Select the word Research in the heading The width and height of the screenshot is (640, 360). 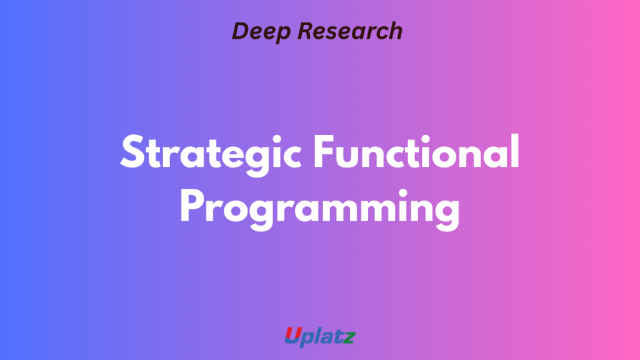[x=350, y=31]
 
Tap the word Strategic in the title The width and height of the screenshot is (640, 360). [x=211, y=155]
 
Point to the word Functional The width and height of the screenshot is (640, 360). [x=416, y=151]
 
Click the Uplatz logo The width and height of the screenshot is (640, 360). [x=320, y=337]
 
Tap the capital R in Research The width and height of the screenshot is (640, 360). [x=306, y=31]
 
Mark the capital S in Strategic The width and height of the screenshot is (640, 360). [x=132, y=152]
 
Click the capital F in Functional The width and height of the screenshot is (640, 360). [x=324, y=152]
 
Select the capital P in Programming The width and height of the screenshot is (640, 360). [x=191, y=206]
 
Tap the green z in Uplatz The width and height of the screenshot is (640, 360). [x=349, y=337]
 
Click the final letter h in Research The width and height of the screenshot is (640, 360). [x=395, y=31]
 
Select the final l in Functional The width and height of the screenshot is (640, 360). [x=515, y=151]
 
